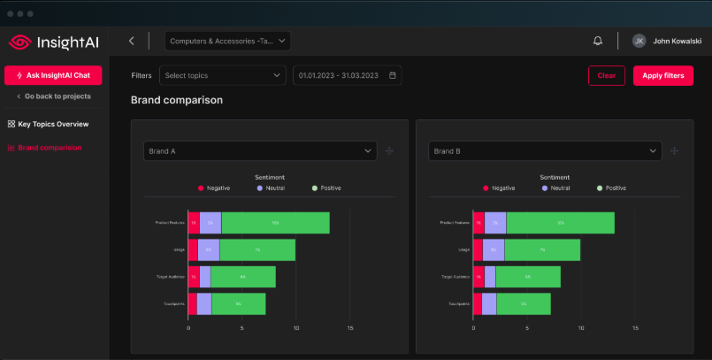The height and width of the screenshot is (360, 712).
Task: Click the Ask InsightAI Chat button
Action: (53, 75)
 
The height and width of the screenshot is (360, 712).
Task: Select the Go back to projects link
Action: (53, 96)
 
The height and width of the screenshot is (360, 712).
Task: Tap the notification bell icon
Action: (598, 41)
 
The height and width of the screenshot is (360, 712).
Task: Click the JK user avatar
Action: (639, 41)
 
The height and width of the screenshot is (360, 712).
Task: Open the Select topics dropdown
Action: (223, 75)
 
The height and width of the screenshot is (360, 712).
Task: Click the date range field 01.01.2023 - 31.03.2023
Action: (347, 75)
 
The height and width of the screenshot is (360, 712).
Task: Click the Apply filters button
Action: (662, 75)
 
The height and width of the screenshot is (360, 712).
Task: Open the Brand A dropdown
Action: (260, 151)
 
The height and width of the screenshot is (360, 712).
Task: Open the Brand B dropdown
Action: (545, 151)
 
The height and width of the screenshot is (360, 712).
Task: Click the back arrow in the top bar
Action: (132, 41)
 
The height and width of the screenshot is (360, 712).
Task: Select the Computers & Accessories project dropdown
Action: (228, 41)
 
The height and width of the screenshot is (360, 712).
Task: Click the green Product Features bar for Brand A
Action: (275, 223)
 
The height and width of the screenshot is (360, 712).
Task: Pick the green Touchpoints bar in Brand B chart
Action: (524, 304)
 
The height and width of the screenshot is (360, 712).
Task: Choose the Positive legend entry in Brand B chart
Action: (611, 188)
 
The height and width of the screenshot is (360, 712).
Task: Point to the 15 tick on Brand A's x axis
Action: (350, 328)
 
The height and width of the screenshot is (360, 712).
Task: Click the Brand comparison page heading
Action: (177, 100)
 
